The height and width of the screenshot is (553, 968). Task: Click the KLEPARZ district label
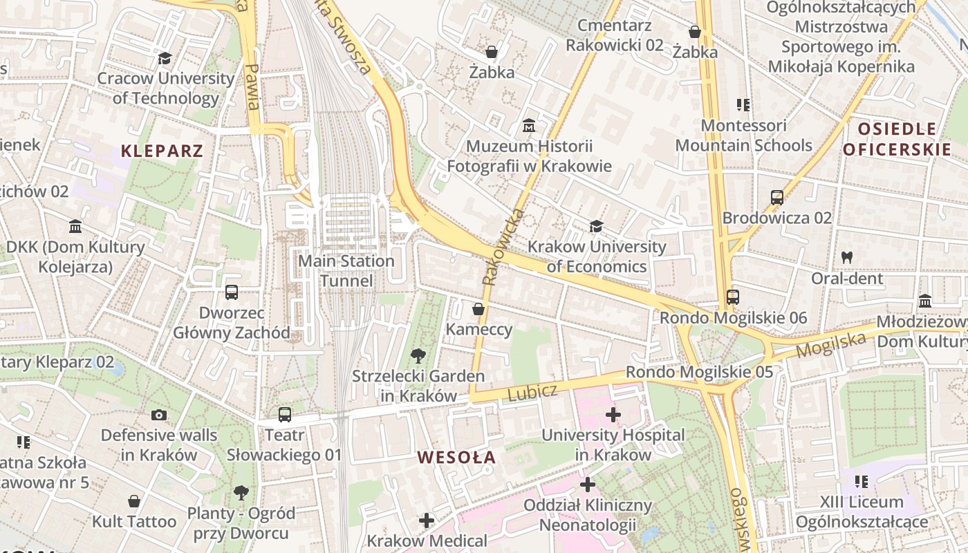(162, 151)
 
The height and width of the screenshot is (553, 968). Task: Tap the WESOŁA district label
(456, 457)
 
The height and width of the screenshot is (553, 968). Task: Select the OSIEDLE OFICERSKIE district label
(897, 139)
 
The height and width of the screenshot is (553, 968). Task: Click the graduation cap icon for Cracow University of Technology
(165, 58)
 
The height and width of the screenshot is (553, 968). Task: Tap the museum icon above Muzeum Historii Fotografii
(529, 126)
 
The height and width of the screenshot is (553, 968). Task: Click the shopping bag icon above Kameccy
(478, 308)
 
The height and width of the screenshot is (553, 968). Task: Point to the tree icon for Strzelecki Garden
(418, 356)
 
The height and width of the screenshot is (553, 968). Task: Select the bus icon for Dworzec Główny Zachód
(231, 292)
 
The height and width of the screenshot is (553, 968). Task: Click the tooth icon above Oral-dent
(846, 257)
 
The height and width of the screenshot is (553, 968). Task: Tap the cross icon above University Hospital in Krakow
(613, 415)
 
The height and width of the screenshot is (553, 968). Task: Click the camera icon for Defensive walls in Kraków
(159, 415)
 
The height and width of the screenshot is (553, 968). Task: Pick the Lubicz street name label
(532, 393)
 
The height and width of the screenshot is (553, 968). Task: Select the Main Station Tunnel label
(346, 271)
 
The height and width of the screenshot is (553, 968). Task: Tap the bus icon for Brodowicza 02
(776, 198)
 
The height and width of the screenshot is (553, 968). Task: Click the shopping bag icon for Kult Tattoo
(134, 501)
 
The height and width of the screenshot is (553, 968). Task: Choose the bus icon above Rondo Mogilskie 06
(732, 297)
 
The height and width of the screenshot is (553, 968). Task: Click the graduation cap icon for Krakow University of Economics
(596, 226)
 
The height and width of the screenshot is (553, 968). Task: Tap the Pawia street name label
(253, 87)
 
